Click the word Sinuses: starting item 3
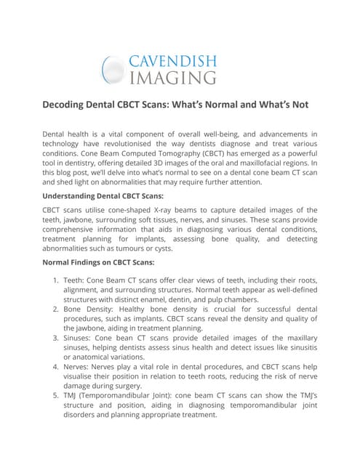83,339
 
